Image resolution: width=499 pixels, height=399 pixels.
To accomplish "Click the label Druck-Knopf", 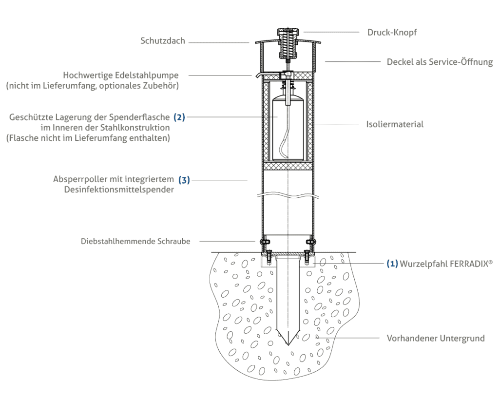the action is pos(392,33).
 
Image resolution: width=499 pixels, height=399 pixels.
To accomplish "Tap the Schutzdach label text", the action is pos(163,41).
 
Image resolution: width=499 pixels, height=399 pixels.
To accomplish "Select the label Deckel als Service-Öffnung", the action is pos(440,62).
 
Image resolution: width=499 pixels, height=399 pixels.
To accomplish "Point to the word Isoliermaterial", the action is pos(395,124).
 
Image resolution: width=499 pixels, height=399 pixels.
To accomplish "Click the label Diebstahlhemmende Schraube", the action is pos(135,241).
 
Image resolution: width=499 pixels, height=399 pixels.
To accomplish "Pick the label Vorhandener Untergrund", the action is pos(436,338).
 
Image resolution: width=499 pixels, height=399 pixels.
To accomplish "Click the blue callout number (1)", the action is pos(392,264).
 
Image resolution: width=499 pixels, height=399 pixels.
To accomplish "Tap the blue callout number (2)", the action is pos(179,117).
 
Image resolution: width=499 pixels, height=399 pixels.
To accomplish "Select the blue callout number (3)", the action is pos(184,180).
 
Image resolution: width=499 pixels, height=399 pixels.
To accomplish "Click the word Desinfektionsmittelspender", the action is pos(119,190).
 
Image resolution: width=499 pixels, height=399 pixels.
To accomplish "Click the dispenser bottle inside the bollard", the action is pos(288,127).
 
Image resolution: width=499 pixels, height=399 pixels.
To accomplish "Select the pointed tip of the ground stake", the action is pos(288,345).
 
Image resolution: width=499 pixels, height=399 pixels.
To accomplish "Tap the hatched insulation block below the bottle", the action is pos(288,166).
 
